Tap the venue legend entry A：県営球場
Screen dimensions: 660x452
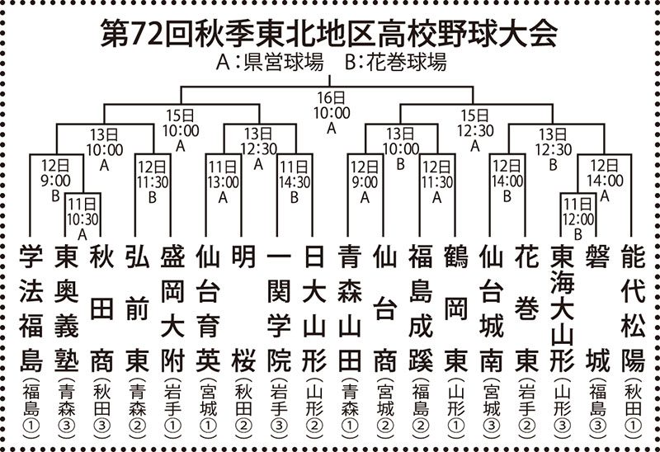(270, 63)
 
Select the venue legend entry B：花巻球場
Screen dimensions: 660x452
(395, 63)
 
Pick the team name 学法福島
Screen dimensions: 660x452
(31, 309)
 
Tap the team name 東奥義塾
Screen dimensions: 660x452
(67, 309)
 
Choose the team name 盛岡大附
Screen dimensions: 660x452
(172, 309)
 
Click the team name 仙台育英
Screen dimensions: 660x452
(208, 309)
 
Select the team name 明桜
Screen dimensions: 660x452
(243, 309)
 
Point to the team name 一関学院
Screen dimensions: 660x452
(279, 309)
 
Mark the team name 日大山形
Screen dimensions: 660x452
(314, 309)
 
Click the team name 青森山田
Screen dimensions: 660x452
(349, 309)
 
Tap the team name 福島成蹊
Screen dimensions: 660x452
(421, 309)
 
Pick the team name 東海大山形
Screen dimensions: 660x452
(563, 309)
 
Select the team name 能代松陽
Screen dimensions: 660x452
(633, 309)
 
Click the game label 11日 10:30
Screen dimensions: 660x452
(82, 219)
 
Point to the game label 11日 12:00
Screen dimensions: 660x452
(578, 219)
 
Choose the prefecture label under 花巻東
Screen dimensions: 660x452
(526, 408)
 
